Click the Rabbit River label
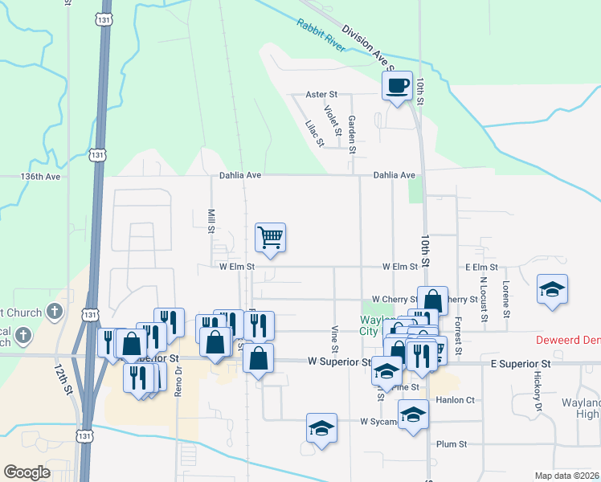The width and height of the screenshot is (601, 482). [x=321, y=37]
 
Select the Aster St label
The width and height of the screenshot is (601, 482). [x=321, y=95]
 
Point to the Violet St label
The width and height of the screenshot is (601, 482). [x=333, y=119]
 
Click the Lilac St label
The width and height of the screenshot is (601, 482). [x=314, y=133]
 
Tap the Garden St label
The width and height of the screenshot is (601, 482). [x=352, y=135]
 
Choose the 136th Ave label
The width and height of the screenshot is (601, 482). [x=40, y=176]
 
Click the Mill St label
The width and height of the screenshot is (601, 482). [x=211, y=221]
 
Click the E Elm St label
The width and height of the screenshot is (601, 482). [x=481, y=267]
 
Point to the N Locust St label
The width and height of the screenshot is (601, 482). [x=484, y=299]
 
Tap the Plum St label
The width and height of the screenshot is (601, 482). [x=451, y=443]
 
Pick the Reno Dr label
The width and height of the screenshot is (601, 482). [x=178, y=378]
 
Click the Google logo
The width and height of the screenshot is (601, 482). [x=27, y=472]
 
